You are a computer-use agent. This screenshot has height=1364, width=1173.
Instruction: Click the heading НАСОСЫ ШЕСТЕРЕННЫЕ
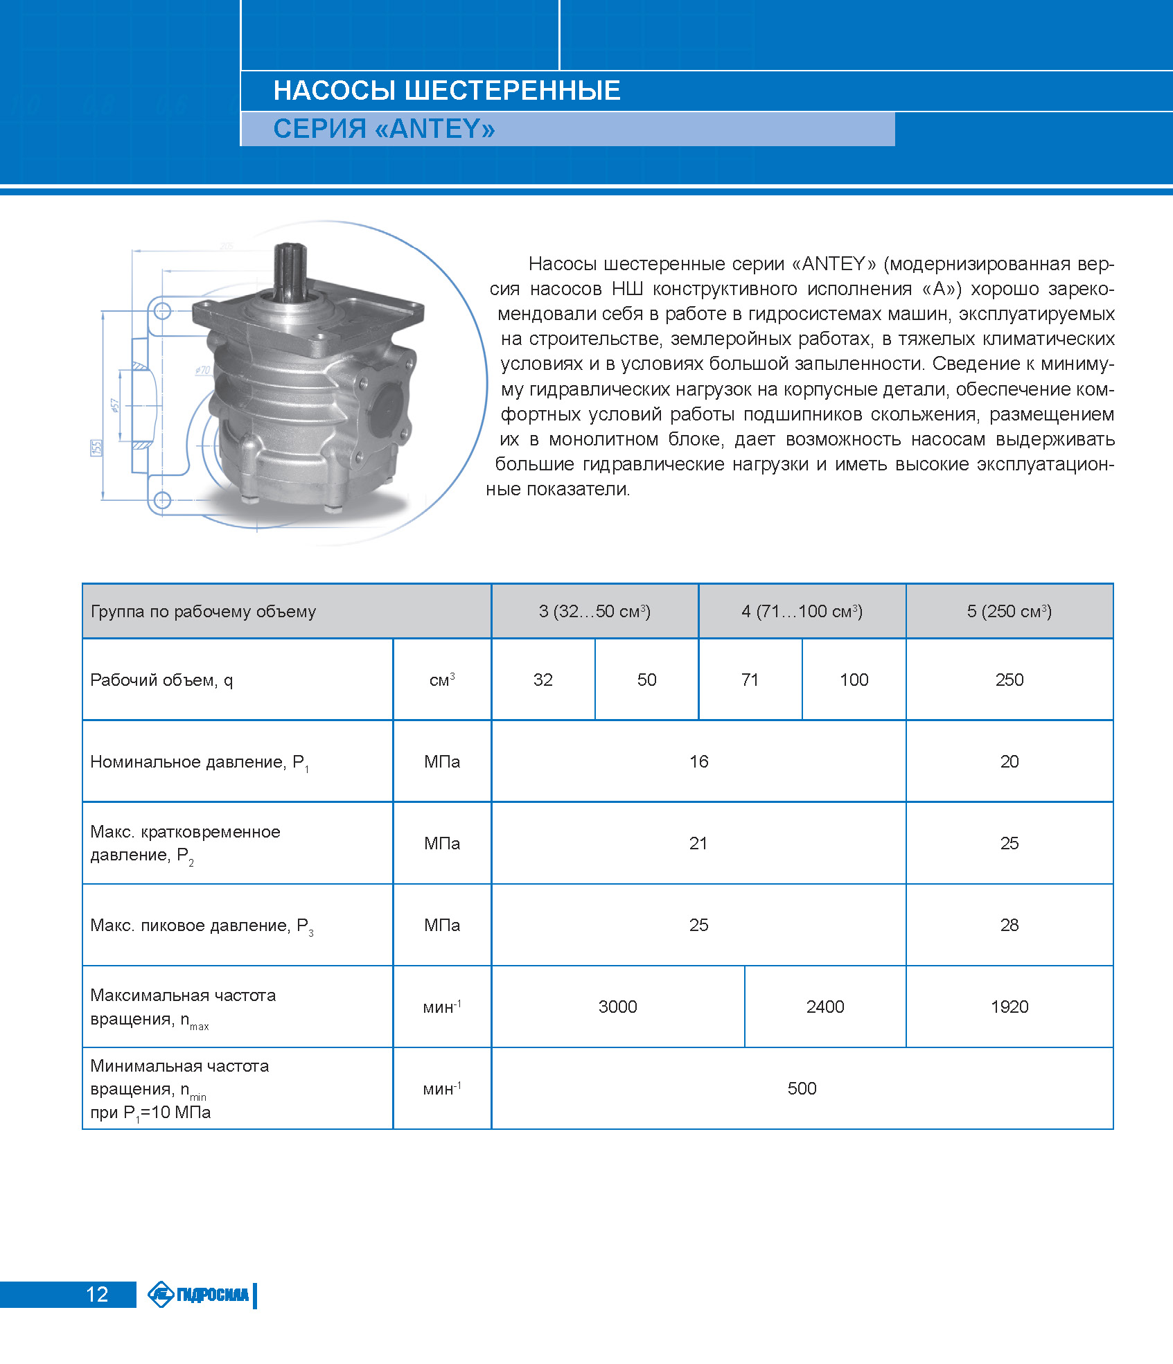point(447,91)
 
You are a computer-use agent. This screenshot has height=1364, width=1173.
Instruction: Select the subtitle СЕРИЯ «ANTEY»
point(384,129)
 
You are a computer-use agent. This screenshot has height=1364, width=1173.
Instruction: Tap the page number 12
point(97,1294)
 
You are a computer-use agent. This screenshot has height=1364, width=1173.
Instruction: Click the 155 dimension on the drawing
point(96,448)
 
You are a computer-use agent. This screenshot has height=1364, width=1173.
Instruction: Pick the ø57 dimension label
point(115,405)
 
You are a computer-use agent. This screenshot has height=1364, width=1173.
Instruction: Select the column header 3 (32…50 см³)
point(594,611)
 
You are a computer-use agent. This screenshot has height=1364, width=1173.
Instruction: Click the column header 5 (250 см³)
point(1009,611)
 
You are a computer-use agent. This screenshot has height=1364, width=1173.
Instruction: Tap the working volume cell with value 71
point(750,680)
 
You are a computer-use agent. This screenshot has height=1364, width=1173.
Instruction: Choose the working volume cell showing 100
point(854,680)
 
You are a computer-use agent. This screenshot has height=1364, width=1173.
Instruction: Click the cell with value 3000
point(617,1007)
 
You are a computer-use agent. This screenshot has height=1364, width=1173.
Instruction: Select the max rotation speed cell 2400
point(824,1007)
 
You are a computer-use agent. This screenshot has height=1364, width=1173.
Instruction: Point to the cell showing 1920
point(1009,1007)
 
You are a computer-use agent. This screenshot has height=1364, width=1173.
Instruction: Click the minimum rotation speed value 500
point(802,1088)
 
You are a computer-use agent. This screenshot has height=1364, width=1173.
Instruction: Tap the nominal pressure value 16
point(698,761)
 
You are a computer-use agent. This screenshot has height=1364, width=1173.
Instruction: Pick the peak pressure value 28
point(1009,925)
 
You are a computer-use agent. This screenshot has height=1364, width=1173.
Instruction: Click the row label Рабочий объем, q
point(161,680)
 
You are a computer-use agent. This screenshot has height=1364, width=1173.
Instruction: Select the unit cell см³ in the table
point(442,680)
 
